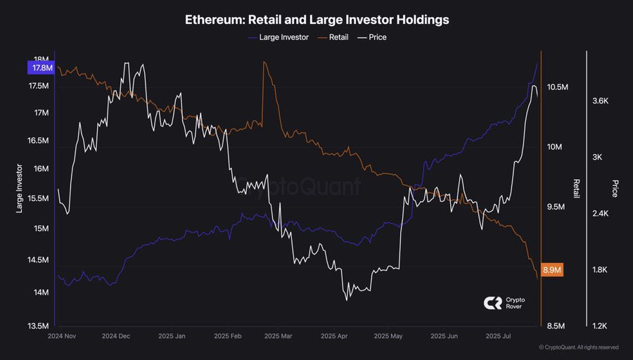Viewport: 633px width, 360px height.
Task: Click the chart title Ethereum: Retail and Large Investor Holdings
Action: [316, 20]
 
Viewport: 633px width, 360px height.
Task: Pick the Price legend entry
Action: [377, 37]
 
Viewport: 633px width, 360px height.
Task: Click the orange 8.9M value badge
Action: [554, 270]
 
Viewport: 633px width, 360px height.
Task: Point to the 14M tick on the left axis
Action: [40, 292]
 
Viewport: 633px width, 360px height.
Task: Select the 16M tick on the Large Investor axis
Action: [40, 169]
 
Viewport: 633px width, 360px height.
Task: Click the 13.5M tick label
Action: [38, 326]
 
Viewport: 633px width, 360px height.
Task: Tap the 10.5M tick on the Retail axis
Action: [557, 87]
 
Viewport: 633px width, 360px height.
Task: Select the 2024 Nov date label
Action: [63, 336]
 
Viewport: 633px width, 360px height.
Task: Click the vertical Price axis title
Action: [615, 188]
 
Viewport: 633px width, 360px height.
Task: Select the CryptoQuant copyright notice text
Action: [578, 347]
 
